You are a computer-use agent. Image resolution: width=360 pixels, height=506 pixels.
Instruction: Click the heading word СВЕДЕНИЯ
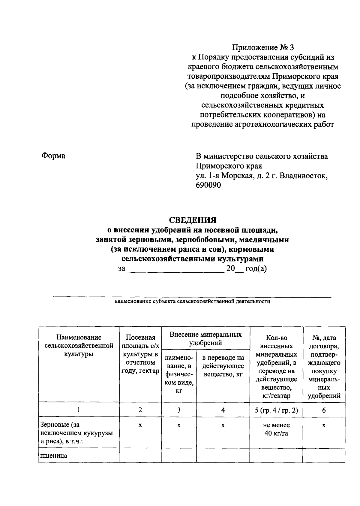click(193, 220)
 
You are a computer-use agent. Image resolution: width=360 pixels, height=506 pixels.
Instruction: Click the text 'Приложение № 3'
click(263, 47)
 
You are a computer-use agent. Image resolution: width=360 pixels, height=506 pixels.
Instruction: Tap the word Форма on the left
click(53, 156)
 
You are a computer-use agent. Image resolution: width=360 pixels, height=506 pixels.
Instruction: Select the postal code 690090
click(208, 185)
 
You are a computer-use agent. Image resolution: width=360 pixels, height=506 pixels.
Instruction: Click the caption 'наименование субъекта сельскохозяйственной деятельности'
click(192, 301)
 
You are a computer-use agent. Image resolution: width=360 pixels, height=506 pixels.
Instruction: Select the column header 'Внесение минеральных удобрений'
click(205, 338)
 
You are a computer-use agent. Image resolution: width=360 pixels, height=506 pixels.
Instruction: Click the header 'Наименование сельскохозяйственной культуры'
click(79, 346)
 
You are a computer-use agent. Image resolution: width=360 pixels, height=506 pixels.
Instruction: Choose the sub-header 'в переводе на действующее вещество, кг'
click(223, 366)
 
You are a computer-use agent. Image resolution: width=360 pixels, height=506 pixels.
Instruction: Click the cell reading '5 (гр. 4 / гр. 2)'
click(276, 410)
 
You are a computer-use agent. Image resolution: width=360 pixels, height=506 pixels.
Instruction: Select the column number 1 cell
click(79, 410)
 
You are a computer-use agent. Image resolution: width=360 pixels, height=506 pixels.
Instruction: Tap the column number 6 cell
click(324, 410)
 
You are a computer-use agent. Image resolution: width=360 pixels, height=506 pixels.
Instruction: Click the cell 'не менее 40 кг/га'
click(276, 429)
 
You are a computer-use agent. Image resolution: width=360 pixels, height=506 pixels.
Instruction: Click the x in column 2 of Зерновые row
click(140, 426)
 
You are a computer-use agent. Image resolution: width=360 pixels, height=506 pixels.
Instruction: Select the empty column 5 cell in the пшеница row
click(276, 456)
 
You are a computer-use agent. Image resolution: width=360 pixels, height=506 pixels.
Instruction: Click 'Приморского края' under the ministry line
click(229, 166)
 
